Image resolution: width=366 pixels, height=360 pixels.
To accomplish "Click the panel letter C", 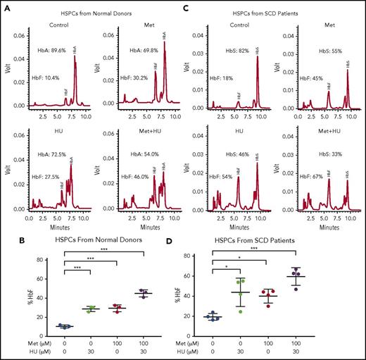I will (188, 8).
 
